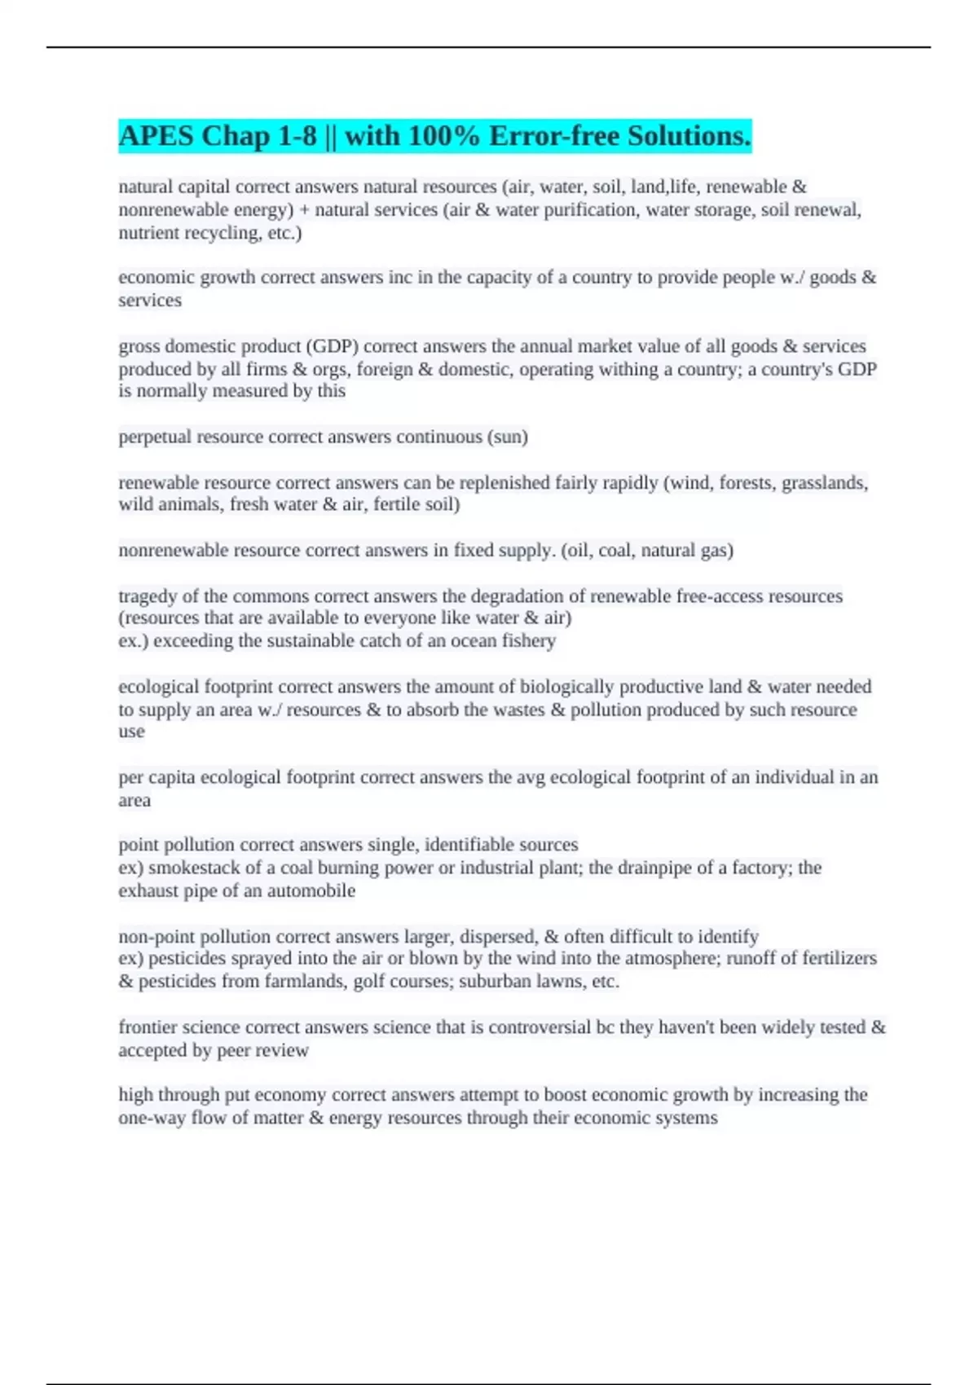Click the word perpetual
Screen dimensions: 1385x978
click(156, 437)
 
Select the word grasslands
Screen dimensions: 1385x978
click(825, 483)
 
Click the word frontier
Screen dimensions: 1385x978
click(149, 1027)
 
